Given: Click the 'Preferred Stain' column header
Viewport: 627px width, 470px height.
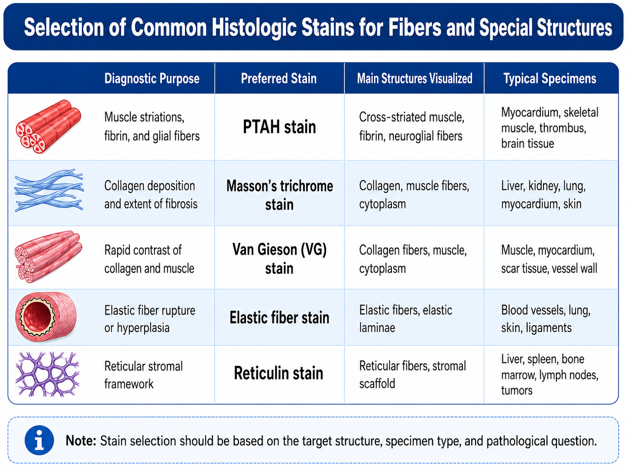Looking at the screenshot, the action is tap(279, 78).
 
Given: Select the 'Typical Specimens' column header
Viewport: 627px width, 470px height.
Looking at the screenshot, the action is tap(550, 78).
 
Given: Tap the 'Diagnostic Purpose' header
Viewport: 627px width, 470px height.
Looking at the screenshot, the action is tap(152, 78).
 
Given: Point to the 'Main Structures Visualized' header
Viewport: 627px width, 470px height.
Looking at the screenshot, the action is tap(414, 78).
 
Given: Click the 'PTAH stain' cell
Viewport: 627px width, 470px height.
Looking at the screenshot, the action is tap(279, 127).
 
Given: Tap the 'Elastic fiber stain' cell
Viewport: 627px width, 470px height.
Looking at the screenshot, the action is tap(279, 318).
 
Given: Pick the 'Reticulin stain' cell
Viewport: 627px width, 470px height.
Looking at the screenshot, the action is tap(278, 373).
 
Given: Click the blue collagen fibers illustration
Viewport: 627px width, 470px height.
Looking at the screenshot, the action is tap(49, 190).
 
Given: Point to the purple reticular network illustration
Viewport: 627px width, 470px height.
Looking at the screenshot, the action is tap(48, 374).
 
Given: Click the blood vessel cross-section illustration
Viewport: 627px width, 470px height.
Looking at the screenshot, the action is tap(46, 316).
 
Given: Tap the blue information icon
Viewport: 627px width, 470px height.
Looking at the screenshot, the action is tap(39, 440).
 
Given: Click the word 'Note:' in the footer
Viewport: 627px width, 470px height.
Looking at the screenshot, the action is tap(81, 441).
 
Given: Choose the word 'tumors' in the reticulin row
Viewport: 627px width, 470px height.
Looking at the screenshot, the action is tap(517, 390).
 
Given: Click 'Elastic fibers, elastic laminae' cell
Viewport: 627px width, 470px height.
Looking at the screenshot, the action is tap(406, 319).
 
